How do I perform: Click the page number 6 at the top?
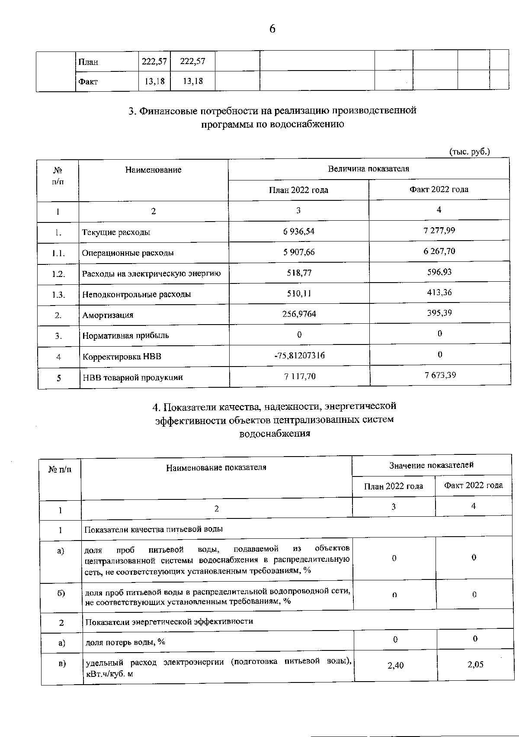(272, 29)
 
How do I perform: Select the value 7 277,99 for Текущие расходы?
(439, 231)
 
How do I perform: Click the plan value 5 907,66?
(299, 252)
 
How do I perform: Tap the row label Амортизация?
(108, 315)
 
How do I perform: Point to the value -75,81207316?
(299, 356)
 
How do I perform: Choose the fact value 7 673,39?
(440, 375)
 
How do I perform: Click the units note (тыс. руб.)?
(470, 152)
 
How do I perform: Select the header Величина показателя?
(368, 169)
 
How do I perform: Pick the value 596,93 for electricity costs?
(439, 272)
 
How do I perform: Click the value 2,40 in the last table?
(395, 666)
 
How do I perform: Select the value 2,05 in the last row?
(475, 665)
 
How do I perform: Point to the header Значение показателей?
(431, 465)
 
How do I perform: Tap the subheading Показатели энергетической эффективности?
(169, 621)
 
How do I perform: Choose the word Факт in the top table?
(88, 82)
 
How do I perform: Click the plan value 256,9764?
(299, 314)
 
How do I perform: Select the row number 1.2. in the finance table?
(58, 274)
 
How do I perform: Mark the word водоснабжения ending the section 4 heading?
(275, 434)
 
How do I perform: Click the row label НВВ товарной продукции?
(133, 377)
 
